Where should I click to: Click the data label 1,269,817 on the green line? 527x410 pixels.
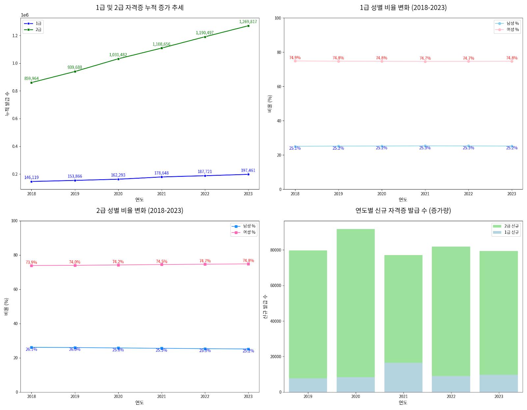(x=248, y=22)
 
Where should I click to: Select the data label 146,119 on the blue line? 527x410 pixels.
(x=31, y=178)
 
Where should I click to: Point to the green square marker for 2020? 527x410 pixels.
(x=118, y=59)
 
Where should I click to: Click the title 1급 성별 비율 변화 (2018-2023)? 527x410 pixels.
(x=403, y=8)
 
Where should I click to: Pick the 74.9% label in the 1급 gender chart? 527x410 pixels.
(x=295, y=58)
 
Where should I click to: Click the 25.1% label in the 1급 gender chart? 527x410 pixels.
(x=295, y=148)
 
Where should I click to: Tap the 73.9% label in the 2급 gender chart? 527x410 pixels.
(x=31, y=262)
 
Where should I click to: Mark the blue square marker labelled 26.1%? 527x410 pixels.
(x=32, y=347)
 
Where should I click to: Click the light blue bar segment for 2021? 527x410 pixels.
(x=403, y=377)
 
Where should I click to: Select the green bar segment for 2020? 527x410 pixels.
(x=355, y=303)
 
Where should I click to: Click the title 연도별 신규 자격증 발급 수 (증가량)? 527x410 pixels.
(x=403, y=210)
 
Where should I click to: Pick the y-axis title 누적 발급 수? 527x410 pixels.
(x=7, y=104)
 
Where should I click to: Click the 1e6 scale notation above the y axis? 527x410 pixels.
(x=25, y=15)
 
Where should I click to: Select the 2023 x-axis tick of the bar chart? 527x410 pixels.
(x=498, y=396)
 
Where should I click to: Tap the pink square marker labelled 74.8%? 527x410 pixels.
(x=248, y=264)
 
